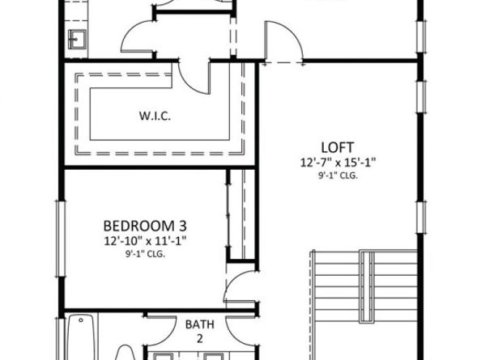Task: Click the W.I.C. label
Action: (153, 116)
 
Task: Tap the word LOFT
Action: (336, 147)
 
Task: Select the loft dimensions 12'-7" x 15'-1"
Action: (336, 162)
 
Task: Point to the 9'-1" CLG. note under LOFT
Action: (336, 174)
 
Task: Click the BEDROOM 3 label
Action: (151, 225)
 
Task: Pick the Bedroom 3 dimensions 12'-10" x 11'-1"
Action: (151, 239)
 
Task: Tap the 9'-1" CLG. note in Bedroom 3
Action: (151, 252)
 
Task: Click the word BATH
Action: (199, 324)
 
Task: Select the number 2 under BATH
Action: (199, 337)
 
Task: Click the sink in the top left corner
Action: (79, 38)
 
